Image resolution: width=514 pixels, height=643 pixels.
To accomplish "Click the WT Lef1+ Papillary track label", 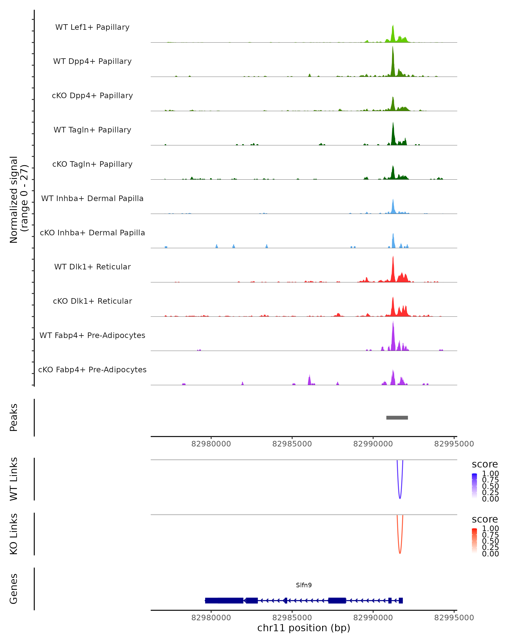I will click(92, 27).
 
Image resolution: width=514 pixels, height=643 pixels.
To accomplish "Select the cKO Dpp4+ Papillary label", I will click(92, 96).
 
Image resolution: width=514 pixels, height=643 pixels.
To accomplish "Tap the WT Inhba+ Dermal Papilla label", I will click(92, 199).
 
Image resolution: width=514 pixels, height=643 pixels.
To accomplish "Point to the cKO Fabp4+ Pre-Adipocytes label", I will click(92, 370).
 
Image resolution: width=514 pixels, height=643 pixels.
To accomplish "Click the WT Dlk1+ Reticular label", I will click(92, 267).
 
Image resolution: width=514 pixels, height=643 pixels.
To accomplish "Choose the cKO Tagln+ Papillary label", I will click(92, 164).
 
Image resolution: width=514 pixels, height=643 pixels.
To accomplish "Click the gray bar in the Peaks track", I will click(397, 418).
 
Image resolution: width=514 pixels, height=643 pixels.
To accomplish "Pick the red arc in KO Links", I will click(400, 553).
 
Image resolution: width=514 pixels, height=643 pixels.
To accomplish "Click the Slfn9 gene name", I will click(304, 585).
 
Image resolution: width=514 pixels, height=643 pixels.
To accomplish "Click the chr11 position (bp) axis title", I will click(304, 628).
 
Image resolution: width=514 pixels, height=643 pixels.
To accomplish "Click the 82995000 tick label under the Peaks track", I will click(454, 444).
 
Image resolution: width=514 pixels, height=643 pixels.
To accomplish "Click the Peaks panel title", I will click(14, 418).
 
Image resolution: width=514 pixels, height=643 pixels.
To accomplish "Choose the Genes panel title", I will click(14, 589).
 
